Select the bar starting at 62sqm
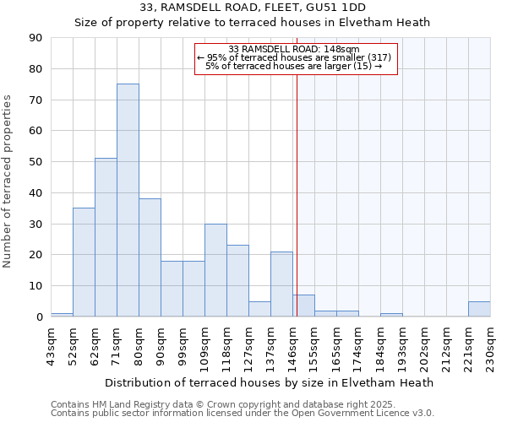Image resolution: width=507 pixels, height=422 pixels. pos(106,237)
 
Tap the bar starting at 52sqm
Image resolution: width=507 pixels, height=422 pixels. pos(84,262)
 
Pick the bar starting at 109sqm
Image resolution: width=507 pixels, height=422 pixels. pos(215,270)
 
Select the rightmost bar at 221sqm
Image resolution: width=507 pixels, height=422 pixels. pos(479,309)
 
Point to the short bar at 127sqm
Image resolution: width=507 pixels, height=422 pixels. pos(259,309)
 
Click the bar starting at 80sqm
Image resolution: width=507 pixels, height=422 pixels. pos(150,257)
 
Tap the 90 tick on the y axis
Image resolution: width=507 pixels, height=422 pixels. pos(35,38)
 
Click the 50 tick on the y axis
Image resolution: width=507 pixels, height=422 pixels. pos(35,162)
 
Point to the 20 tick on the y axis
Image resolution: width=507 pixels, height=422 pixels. pos(35,255)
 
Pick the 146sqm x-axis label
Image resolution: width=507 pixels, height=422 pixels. pos(292,346)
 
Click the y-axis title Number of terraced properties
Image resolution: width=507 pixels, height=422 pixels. pos(8,181)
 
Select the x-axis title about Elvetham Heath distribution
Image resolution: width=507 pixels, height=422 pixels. pos(270,382)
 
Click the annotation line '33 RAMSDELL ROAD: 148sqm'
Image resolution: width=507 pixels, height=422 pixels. pos(294,49)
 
